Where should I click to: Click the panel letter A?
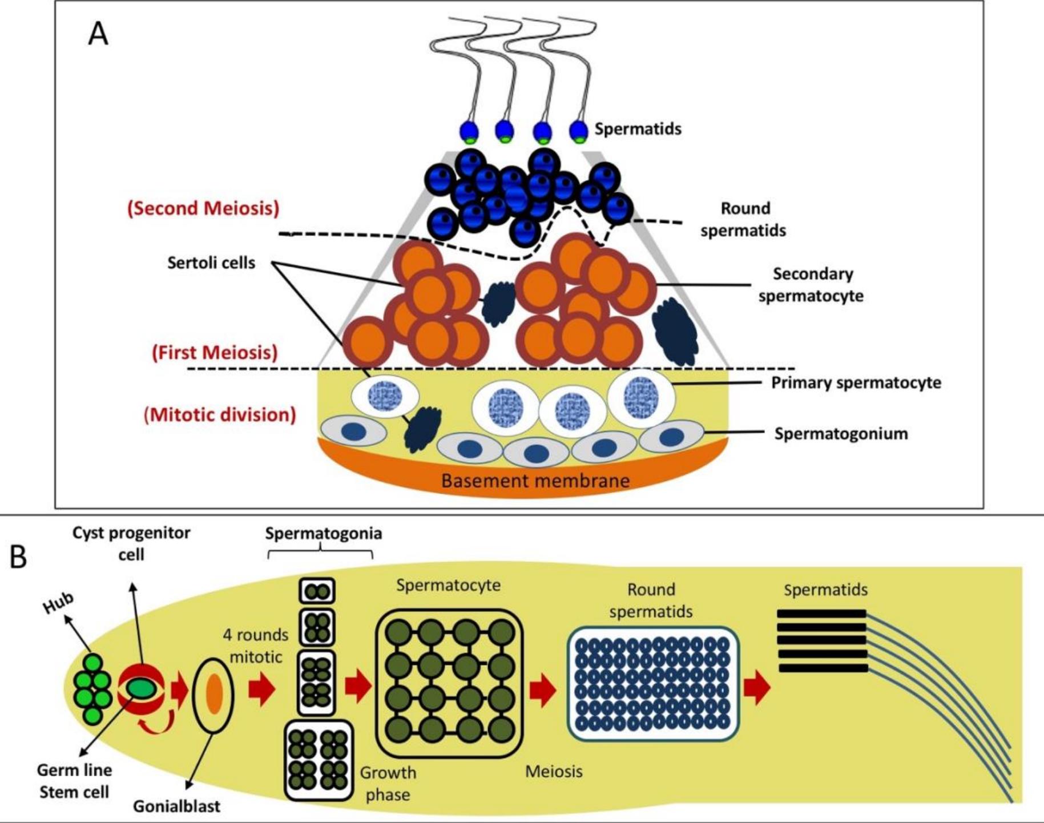[98, 34]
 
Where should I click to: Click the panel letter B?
[18, 556]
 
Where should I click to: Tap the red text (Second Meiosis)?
[203, 208]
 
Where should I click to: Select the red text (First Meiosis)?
[215, 352]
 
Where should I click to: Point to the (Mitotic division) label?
[220, 414]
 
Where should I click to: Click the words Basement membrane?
[535, 481]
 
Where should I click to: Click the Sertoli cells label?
[211, 263]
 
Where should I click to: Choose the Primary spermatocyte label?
[856, 382]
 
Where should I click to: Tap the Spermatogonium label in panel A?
[840, 434]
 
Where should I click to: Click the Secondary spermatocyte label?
[811, 285]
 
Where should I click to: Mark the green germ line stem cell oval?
[140, 687]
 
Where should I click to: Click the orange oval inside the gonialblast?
[214, 693]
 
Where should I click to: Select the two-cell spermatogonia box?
[317, 591]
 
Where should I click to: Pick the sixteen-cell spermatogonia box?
[319, 760]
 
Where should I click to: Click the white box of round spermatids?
[652, 683]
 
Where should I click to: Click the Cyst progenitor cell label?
[131, 543]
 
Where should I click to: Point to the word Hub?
[59, 603]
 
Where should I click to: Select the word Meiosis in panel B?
[554, 772]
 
